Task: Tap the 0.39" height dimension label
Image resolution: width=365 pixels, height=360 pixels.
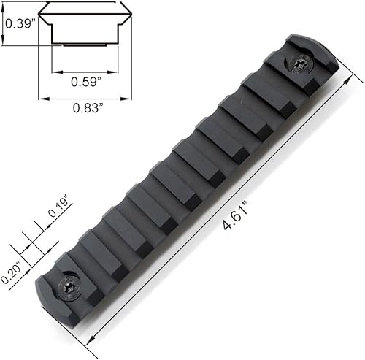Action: [16, 23]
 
